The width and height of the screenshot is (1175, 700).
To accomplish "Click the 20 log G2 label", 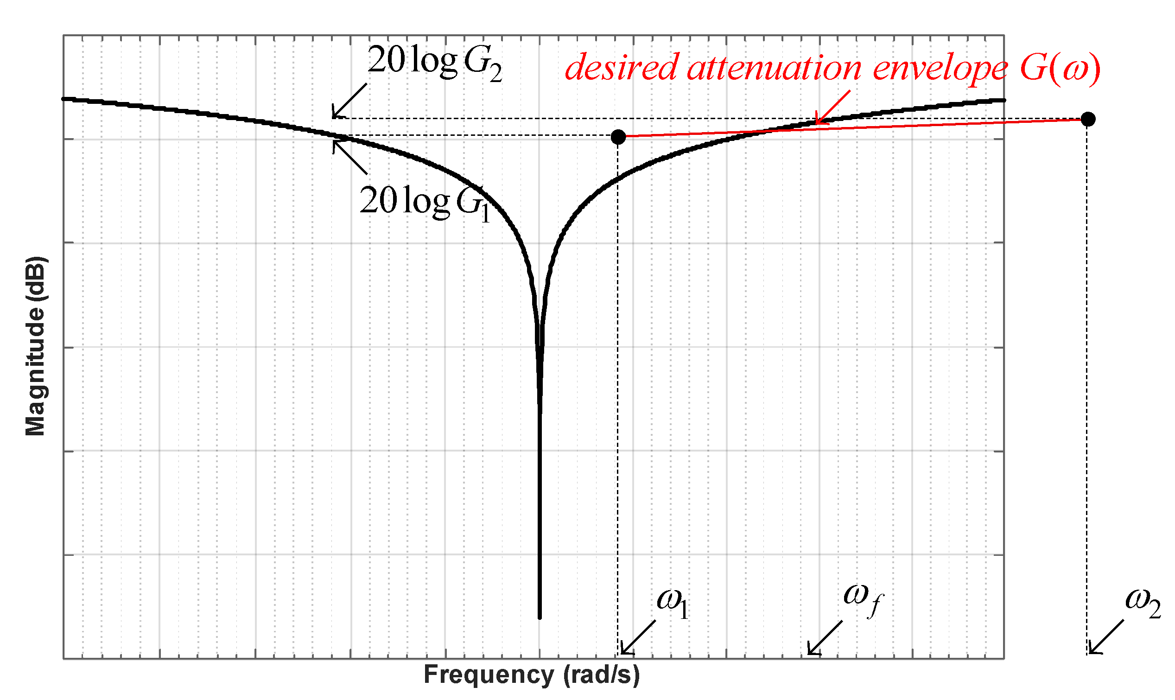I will [434, 64].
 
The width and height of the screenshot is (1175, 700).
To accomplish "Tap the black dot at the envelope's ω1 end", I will [618, 137].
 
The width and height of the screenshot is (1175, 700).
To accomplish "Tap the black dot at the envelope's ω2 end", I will [1088, 119].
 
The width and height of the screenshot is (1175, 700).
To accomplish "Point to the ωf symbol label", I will [863, 598].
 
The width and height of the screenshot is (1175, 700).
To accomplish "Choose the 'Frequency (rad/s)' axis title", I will [531, 675].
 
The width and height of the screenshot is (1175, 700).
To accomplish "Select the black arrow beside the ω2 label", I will [1105, 637].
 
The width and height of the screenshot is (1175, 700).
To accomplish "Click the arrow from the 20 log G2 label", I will [349, 101].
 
